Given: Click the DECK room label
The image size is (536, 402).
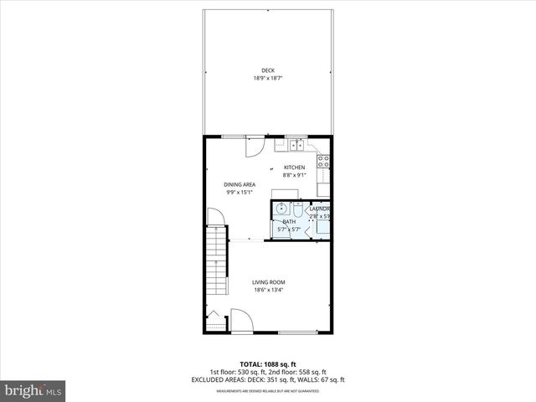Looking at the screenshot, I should coord(267,70).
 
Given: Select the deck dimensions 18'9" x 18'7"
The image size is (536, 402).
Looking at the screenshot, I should coord(267,79).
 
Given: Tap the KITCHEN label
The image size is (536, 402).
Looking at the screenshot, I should coord(294,167).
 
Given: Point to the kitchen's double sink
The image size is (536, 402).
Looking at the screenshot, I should coord(296,145).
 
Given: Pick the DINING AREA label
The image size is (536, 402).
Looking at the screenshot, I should coord(240,184).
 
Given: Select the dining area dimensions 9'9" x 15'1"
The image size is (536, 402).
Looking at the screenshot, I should coord(240,193).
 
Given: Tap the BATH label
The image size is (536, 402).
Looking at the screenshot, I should coord(289,221).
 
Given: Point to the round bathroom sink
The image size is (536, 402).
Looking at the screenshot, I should coord(283,209).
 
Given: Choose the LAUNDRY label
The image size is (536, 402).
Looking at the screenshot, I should coord(320,209).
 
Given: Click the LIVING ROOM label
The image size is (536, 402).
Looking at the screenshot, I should coord(268,282).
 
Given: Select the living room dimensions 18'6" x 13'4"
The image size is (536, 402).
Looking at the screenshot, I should coord(268,291).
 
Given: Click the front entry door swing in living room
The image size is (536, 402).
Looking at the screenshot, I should coord(239,319).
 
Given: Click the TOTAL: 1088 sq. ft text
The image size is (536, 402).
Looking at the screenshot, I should coord(267,364).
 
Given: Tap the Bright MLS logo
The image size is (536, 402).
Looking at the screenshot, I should coord(33,389).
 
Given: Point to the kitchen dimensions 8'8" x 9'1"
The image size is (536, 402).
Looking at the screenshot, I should coord(294,176).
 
